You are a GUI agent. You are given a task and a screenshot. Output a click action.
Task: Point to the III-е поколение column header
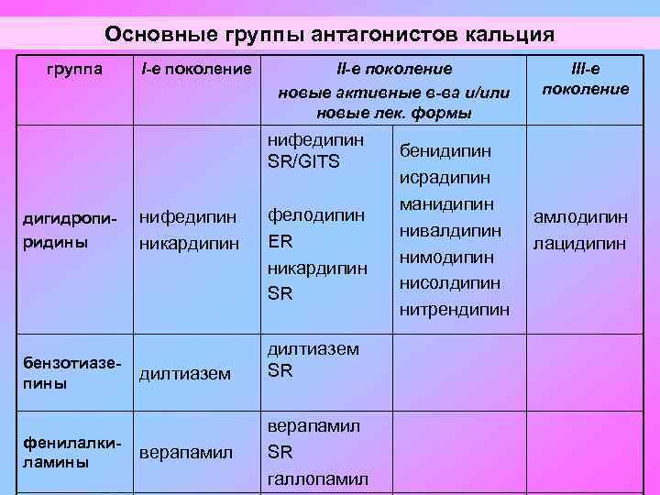(x=586, y=79)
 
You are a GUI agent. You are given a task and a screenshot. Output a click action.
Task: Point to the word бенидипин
(x=445, y=149)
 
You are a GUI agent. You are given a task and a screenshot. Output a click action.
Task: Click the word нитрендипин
(x=455, y=310)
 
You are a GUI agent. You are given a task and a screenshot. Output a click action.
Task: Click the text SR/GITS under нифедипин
(x=303, y=162)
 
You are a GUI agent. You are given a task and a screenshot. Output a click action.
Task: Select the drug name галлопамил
(x=316, y=479)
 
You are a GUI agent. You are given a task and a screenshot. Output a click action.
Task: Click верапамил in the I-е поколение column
(x=186, y=453)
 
